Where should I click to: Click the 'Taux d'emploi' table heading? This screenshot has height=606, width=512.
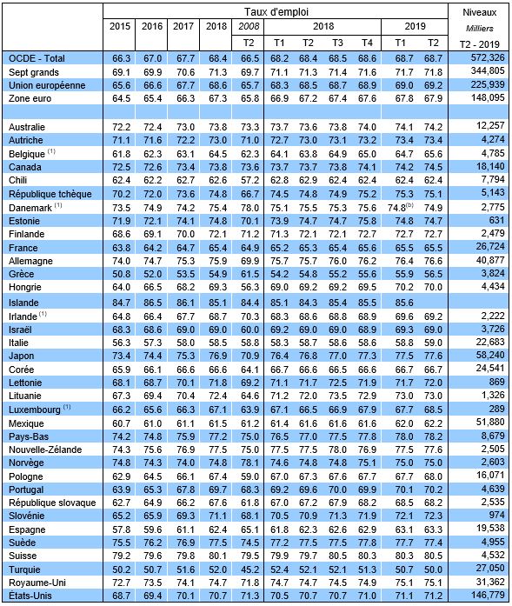click(276, 12)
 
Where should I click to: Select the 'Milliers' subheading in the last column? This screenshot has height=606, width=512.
click(479, 28)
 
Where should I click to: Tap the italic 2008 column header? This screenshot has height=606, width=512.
click(248, 26)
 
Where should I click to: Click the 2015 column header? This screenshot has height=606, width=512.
click(119, 26)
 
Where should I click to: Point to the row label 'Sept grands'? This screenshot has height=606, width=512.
click(34, 72)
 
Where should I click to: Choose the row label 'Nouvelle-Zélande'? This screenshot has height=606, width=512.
click(45, 450)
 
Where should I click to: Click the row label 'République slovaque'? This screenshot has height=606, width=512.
click(52, 503)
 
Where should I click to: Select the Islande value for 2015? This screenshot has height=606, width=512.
click(122, 303)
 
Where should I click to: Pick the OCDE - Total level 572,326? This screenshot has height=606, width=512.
click(488, 58)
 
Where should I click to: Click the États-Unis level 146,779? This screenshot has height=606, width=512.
click(488, 595)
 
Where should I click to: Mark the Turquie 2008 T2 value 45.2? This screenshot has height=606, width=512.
click(249, 569)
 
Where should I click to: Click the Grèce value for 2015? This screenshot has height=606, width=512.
click(122, 274)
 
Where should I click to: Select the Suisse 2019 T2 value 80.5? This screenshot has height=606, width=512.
click(433, 556)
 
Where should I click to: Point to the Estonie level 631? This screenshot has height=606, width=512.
click(496, 220)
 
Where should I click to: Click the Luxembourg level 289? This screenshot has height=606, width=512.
click(496, 409)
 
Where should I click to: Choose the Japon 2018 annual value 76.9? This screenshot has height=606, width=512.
click(217, 356)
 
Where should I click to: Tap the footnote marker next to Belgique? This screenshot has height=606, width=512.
click(51, 151)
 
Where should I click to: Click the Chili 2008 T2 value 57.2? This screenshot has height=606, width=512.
click(249, 180)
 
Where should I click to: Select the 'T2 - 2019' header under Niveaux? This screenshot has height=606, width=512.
click(479, 43)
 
